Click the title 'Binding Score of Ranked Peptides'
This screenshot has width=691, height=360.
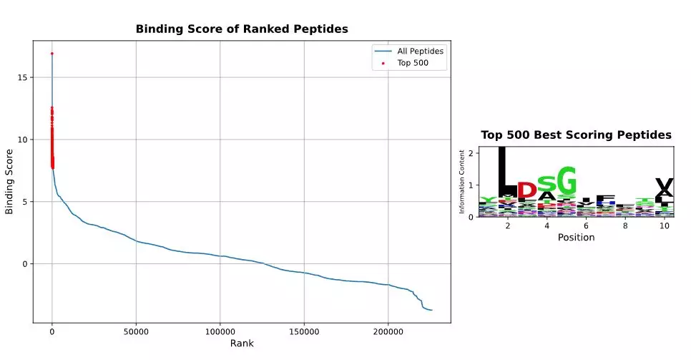[x=242, y=29]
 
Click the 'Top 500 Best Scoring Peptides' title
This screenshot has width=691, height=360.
[x=576, y=135]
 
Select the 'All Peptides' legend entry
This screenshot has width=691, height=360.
[x=421, y=52]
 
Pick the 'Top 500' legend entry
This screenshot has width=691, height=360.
[x=411, y=64]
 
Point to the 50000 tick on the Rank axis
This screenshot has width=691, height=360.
[x=136, y=332]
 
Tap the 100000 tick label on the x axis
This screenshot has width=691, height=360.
[x=220, y=332]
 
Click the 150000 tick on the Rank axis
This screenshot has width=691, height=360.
[x=304, y=332]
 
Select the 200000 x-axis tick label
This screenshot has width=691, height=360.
[x=388, y=332]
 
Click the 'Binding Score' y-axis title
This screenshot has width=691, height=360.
[x=9, y=181]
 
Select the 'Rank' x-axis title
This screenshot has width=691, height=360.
[x=242, y=344]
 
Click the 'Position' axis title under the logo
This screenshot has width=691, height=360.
[x=576, y=238]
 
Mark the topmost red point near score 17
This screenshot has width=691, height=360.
[x=52, y=54]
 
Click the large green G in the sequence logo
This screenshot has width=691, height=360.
[x=566, y=179]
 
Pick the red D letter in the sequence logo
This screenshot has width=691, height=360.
[x=526, y=190]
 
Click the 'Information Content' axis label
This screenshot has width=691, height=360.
[x=462, y=182]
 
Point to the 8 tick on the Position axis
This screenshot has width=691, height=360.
[x=625, y=226]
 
